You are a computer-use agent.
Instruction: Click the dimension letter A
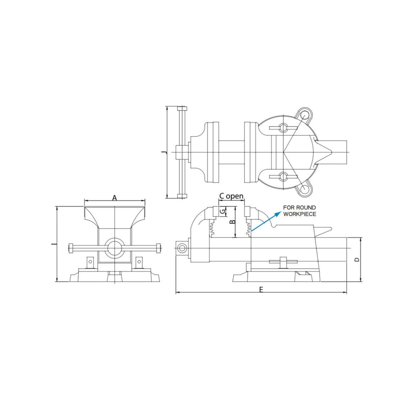[115, 198]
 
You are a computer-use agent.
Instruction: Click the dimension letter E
[261, 290]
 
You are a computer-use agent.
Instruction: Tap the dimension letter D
[357, 260]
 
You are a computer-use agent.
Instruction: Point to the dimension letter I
[53, 244]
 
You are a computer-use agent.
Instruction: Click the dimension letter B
[233, 222]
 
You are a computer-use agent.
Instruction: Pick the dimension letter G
[222, 211]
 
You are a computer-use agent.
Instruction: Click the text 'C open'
[231, 196]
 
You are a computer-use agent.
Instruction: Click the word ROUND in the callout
[307, 208]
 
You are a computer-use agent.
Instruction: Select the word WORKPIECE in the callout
[300, 214]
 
